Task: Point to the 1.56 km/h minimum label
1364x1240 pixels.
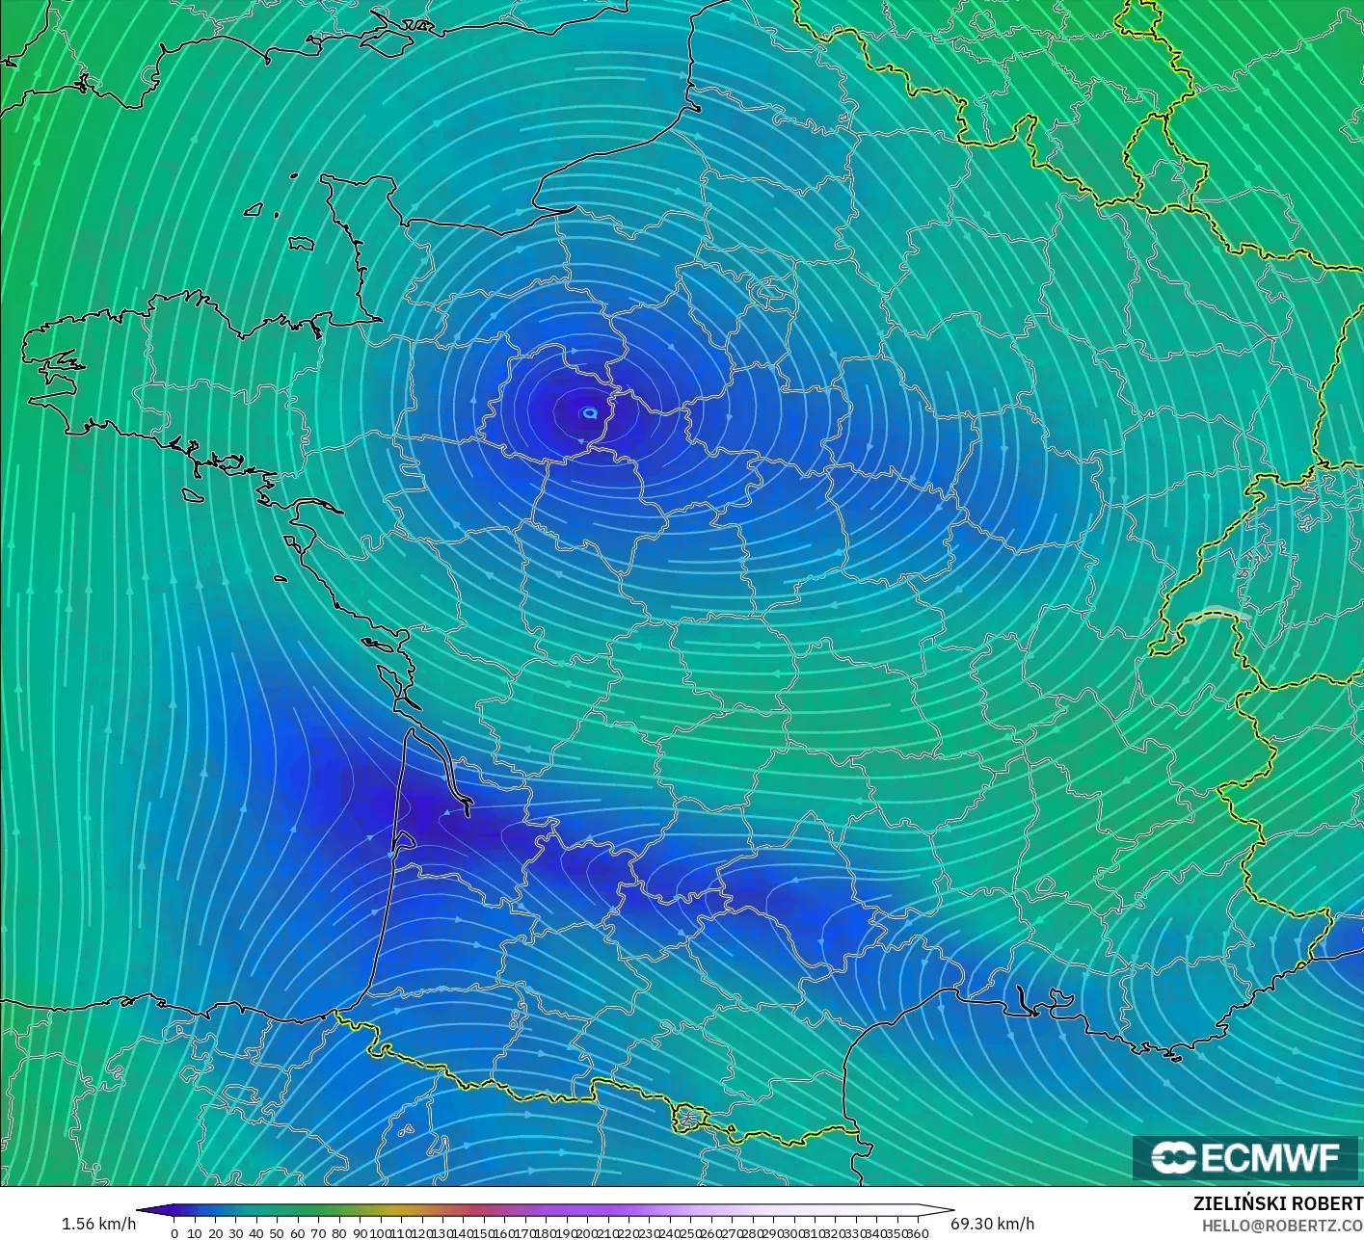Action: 98,1224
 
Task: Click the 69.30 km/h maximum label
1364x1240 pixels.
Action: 992,1224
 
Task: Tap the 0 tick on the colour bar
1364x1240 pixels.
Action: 174,1233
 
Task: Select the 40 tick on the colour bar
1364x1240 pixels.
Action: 256,1233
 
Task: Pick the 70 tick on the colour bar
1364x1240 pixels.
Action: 318,1233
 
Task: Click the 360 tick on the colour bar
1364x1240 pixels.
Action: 919,1233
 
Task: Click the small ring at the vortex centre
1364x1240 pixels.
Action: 589,412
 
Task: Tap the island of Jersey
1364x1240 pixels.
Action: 302,245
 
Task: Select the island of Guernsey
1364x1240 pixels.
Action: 254,209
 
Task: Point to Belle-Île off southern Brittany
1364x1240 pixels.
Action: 194,494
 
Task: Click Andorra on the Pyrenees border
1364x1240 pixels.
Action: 689,1118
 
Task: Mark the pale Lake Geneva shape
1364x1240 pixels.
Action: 1218,614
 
